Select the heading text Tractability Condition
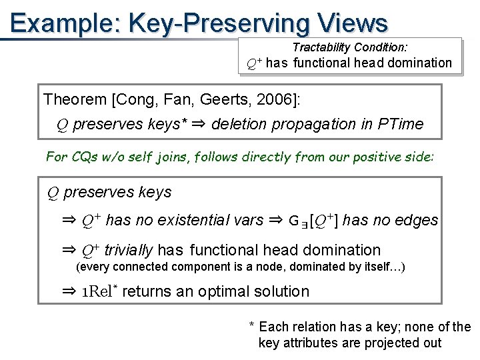coord(350,47)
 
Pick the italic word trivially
coord(129,250)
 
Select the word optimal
coord(213,291)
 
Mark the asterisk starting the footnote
coord(251,325)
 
